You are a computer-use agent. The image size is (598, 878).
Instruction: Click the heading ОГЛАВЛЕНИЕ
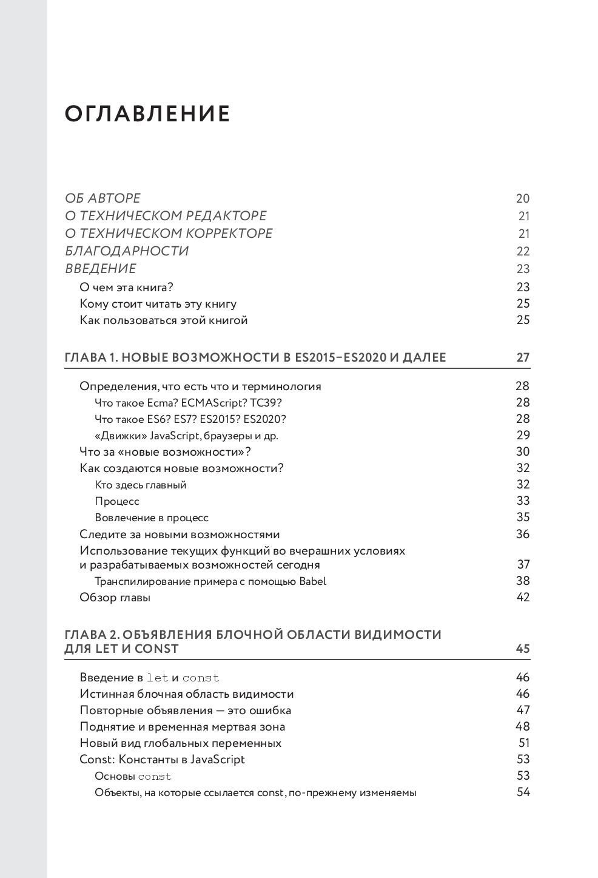click(x=147, y=114)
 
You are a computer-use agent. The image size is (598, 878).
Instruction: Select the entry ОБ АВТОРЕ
click(x=102, y=198)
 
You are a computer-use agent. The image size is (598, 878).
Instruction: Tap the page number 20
click(x=522, y=198)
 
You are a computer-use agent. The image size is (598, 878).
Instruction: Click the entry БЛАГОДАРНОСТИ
click(x=127, y=251)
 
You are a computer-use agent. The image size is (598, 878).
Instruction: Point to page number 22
click(x=523, y=251)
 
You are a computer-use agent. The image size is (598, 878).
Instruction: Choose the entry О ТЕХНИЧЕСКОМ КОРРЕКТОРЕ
click(x=169, y=234)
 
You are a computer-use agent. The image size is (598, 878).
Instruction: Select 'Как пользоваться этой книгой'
click(x=164, y=320)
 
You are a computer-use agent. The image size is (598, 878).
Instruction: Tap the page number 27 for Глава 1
click(x=523, y=357)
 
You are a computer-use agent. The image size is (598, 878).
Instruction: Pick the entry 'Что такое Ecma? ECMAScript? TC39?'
click(x=189, y=403)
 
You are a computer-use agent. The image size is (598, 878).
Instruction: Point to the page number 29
click(x=523, y=435)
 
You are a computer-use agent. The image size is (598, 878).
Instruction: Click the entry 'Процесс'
click(x=117, y=501)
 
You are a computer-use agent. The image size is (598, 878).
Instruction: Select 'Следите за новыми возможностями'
click(x=180, y=535)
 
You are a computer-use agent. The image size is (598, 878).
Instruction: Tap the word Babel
click(x=313, y=581)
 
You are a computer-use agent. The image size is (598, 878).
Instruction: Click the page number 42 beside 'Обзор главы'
click(x=523, y=597)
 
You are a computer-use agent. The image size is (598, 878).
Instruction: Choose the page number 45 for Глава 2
click(x=523, y=649)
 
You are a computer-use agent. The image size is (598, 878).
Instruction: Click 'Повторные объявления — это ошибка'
click(x=186, y=711)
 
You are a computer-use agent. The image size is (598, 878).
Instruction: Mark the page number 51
click(x=524, y=743)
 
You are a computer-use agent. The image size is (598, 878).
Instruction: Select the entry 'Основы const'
click(x=133, y=776)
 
